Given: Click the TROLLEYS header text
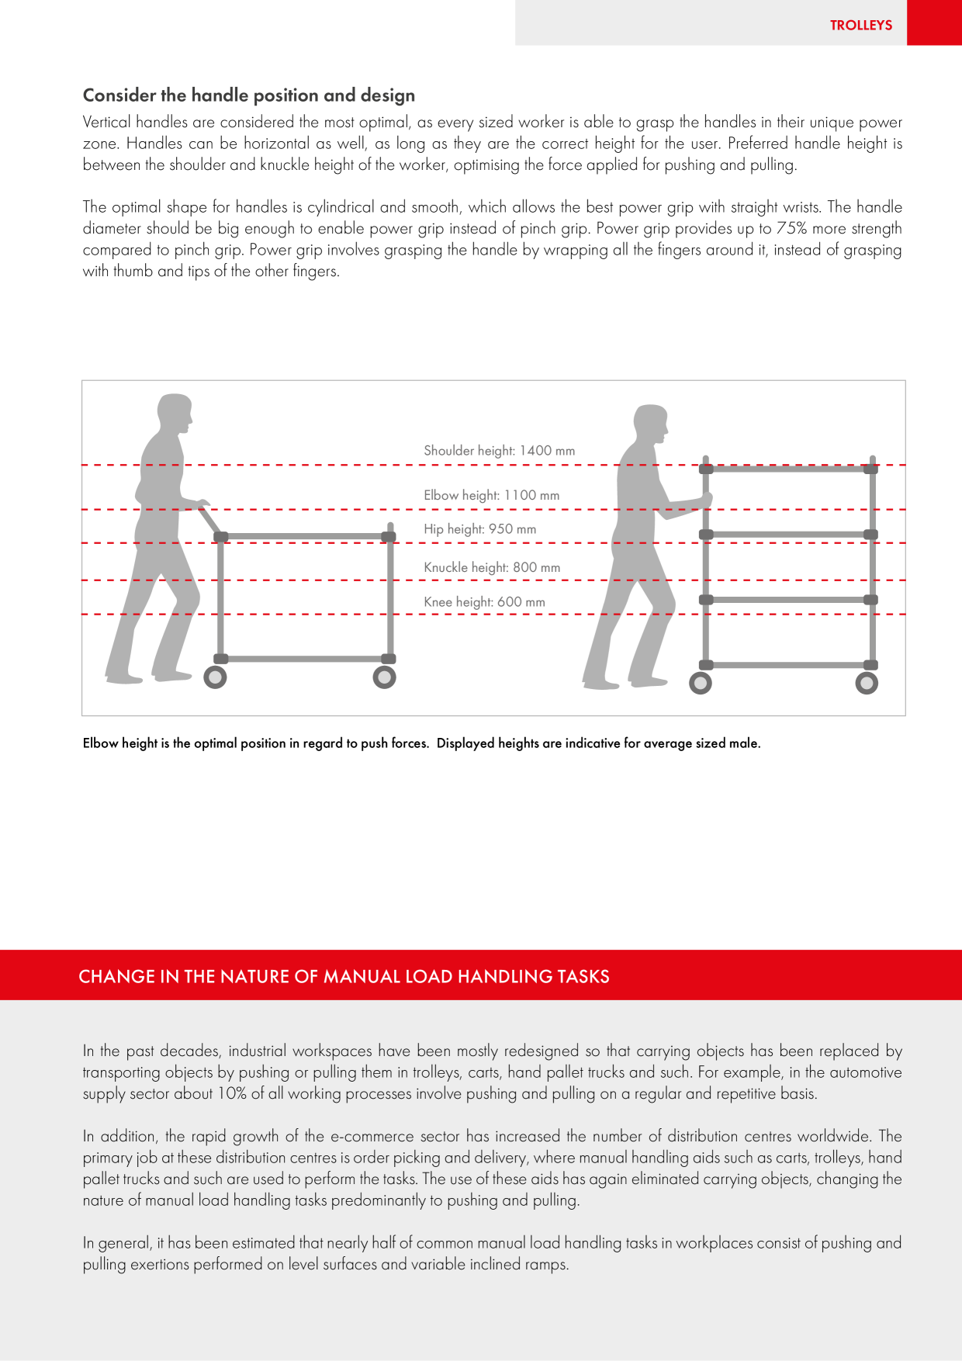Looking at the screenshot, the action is coord(861,25).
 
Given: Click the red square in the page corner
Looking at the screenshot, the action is coord(934,23).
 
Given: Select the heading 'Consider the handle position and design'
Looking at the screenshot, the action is coord(249,95).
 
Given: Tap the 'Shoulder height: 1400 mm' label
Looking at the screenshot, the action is coord(500,450).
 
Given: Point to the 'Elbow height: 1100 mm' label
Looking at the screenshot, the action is coord(492,495).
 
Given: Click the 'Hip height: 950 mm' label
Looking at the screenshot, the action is coord(480,529).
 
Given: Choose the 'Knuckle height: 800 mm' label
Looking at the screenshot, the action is coord(492,567).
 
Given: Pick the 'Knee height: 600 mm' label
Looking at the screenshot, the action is coord(484,601).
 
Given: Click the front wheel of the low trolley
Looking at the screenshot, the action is coord(384,677).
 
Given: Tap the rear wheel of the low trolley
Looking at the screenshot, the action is coord(215,677).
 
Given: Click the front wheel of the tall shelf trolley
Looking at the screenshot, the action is coord(867,683).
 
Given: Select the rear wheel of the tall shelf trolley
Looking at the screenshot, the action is coord(701,683).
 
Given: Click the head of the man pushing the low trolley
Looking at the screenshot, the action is coord(175,414).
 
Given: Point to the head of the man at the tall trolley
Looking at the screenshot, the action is coord(651,424).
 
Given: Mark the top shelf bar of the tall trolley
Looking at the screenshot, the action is coord(788,469).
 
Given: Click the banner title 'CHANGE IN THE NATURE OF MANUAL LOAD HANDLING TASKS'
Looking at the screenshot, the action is coord(344,976).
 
